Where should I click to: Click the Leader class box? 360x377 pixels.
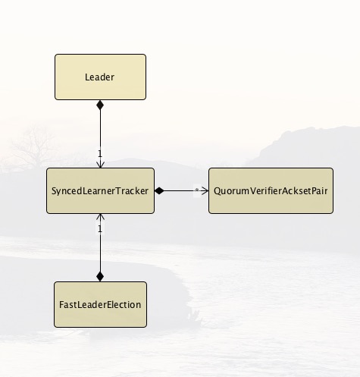pos(100,77)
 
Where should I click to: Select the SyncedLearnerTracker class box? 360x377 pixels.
pos(100,190)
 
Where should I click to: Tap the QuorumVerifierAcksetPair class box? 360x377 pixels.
pos(271,190)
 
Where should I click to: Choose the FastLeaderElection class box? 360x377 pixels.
pos(100,304)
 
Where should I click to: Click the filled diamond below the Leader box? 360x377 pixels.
pos(100,105)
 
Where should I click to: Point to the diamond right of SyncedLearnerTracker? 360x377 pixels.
pos(159,190)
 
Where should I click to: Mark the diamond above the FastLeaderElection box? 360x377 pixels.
pos(100,276)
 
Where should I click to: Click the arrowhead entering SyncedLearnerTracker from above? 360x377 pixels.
pos(100,165)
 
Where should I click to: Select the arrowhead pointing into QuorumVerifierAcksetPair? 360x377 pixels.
pos(205,190)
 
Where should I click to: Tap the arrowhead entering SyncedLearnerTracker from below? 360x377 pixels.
pos(100,217)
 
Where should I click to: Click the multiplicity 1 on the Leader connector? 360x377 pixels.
pos(100,153)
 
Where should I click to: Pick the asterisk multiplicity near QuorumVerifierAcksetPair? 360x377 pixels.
pos(197,190)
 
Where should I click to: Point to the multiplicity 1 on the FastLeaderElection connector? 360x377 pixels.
pos(100,229)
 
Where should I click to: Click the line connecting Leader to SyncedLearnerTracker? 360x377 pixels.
pos(100,134)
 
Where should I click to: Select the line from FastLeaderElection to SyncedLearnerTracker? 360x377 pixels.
pos(100,248)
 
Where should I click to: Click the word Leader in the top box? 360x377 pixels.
pos(99,77)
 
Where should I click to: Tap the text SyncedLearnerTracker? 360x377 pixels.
pos(100,191)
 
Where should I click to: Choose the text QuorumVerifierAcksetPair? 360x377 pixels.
pos(271,191)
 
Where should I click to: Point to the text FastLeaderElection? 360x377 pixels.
pos(100,305)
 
